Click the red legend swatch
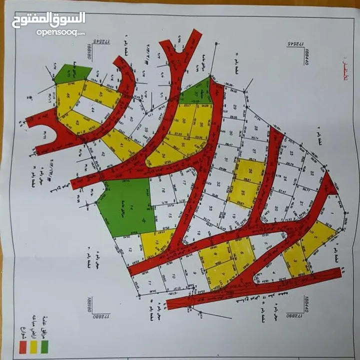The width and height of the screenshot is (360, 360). [22, 346]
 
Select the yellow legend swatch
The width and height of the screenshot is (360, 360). [34, 346]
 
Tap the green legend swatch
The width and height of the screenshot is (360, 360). [45, 346]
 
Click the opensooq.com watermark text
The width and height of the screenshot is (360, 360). [60, 32]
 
